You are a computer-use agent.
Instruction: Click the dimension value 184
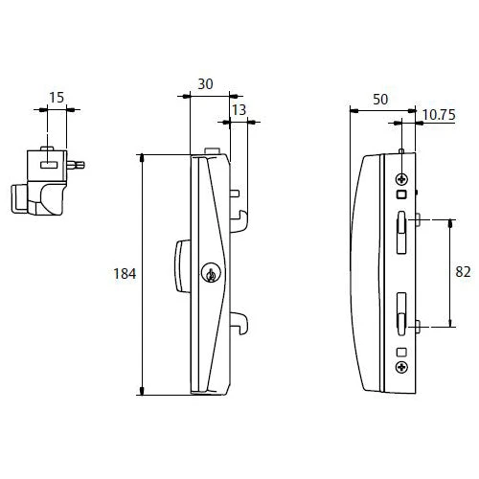pyautogui.click(x=125, y=273)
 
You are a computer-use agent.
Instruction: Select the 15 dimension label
pyautogui.click(x=57, y=98)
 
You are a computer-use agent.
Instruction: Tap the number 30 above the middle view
pyautogui.click(x=205, y=84)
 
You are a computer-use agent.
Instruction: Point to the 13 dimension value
pyautogui.click(x=239, y=111)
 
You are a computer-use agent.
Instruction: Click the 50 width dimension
pyautogui.click(x=381, y=100)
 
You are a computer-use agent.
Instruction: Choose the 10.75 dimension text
pyautogui.click(x=437, y=115)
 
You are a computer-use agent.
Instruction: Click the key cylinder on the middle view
pyautogui.click(x=210, y=275)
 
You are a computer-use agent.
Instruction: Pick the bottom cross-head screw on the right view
pyautogui.click(x=400, y=367)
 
